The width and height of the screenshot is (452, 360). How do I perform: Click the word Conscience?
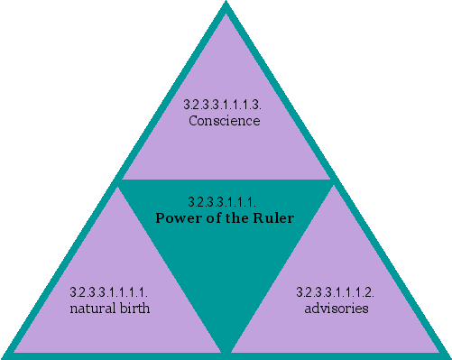tap(225, 120)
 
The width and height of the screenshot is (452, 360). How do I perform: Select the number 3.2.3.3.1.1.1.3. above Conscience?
tap(225, 106)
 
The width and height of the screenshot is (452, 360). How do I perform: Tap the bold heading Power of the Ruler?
tap(226, 217)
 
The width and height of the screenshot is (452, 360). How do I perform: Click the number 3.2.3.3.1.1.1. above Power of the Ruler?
tap(226, 202)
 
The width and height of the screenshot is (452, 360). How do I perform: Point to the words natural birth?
tap(109, 309)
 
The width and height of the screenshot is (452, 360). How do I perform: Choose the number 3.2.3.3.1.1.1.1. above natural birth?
tap(109, 294)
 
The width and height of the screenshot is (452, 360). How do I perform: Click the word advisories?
tap(336, 309)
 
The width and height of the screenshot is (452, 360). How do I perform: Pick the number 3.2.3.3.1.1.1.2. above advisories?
tap(336, 294)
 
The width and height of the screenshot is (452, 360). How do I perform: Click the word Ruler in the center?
tap(274, 217)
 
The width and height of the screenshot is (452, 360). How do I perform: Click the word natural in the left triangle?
tap(92, 309)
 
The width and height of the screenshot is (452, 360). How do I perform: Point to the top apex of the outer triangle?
tap(226, 5)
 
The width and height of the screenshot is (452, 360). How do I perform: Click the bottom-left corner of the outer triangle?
tap(5, 355)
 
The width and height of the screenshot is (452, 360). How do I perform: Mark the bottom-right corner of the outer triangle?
tap(446, 355)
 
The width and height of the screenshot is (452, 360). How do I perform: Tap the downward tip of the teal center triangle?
tap(226, 346)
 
